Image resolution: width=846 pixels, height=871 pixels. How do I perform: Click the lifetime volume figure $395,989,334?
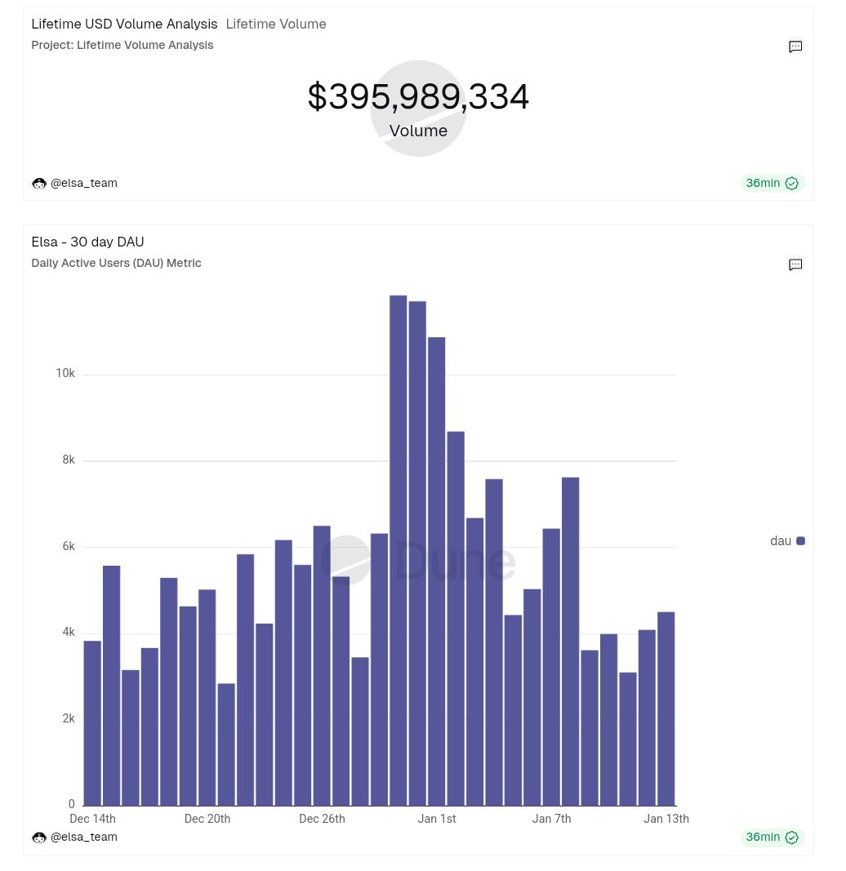point(418,97)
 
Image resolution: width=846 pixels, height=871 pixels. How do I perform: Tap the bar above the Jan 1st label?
point(437,571)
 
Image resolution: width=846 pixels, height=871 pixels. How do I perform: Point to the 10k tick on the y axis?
point(65,374)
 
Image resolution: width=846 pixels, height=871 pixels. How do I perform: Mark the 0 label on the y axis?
point(72,805)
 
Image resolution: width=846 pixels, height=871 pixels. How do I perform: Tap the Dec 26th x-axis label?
point(322,819)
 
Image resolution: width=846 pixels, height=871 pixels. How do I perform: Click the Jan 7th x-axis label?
point(551,819)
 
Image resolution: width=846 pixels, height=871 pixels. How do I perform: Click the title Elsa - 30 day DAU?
point(87,242)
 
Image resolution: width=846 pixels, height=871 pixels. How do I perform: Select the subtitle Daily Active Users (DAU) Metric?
point(116,263)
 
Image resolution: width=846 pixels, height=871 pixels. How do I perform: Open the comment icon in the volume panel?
point(795,47)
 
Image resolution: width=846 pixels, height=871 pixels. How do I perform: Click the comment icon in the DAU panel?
point(795,264)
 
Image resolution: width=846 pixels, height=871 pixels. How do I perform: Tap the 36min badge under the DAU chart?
point(772,838)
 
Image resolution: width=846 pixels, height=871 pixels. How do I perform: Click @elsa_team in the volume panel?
point(83,183)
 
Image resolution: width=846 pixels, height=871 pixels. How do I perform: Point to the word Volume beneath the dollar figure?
point(418,131)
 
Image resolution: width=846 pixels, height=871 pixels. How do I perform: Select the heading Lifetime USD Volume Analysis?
point(124,24)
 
